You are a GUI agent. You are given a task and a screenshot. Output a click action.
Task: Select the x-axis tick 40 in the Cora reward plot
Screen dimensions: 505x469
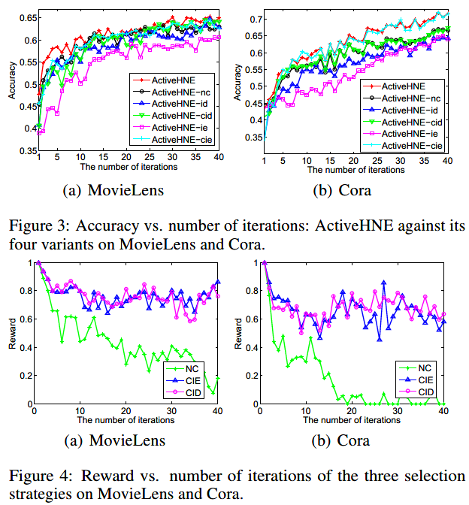pos(443,412)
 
